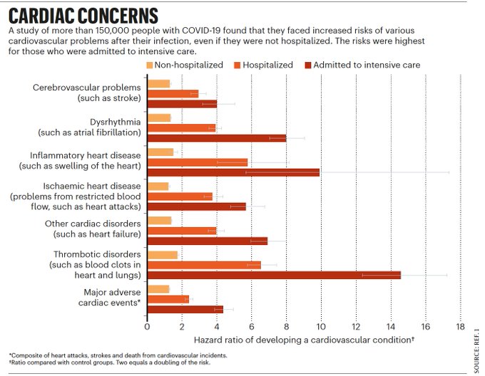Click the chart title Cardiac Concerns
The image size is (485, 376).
[x=83, y=16]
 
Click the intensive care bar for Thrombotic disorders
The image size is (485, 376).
[x=274, y=275]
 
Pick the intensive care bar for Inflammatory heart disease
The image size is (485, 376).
[x=233, y=172]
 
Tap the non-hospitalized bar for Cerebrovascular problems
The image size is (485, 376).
[x=158, y=84]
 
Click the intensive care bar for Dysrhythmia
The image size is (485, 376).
[x=216, y=138]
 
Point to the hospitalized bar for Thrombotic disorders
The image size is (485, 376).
[x=204, y=265]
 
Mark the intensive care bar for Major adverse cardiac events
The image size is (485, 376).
[x=185, y=309]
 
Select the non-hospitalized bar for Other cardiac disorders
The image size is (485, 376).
[x=159, y=221]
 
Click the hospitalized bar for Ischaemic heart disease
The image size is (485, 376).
[x=180, y=197]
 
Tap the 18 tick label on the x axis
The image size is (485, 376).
[x=460, y=328]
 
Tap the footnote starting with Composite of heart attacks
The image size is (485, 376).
[x=108, y=355]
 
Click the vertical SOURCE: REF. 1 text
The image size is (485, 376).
[x=476, y=349]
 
